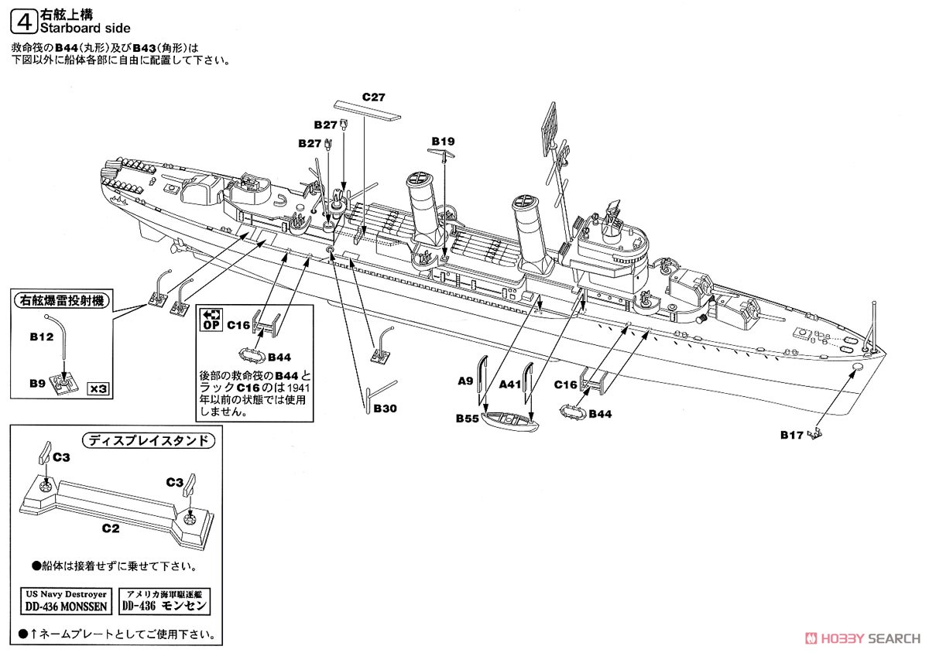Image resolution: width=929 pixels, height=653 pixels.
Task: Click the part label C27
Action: pyautogui.click(x=374, y=97)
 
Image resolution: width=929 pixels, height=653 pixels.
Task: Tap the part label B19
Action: pyautogui.click(x=443, y=141)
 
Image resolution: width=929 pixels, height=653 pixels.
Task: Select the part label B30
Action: pyautogui.click(x=385, y=408)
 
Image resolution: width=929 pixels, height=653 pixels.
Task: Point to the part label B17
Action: pyautogui.click(x=791, y=436)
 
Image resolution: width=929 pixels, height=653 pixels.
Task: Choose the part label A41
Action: pyautogui.click(x=511, y=382)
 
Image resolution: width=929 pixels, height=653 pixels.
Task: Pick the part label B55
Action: pyautogui.click(x=467, y=419)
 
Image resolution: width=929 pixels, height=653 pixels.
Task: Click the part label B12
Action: pyautogui.click(x=41, y=337)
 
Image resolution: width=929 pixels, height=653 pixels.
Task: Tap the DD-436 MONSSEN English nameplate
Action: pyautogui.click(x=75, y=600)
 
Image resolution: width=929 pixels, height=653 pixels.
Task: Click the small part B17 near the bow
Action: pyautogui.click(x=814, y=436)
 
